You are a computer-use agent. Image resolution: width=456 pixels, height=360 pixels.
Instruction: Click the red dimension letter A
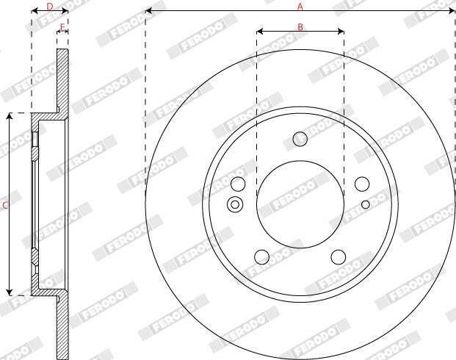pos(300,7)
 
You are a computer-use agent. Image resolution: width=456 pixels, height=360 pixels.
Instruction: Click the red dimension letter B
pos(300,27)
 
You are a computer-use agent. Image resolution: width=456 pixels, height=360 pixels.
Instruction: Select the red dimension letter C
pos(5,206)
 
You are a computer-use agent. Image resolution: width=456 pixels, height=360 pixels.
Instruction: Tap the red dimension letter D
pos(50,7)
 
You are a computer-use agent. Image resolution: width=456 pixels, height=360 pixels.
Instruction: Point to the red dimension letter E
pos(62,27)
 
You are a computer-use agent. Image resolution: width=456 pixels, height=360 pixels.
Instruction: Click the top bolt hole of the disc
pos(300,139)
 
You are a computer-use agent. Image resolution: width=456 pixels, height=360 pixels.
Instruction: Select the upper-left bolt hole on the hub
pos(238,184)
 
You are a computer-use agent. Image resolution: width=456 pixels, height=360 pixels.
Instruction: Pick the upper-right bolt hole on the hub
pos(362,184)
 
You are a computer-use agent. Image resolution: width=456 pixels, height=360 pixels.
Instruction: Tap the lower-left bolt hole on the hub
pos(261,257)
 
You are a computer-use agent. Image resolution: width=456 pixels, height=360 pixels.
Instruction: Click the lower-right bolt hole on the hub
pos(339,257)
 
